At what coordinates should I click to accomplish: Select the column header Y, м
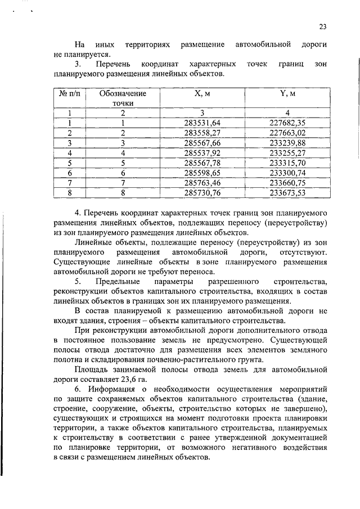pyautogui.click(x=287, y=93)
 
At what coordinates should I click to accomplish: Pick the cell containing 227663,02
pyautogui.click(x=287, y=133)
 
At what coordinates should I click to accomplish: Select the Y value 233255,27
pyautogui.click(x=287, y=153)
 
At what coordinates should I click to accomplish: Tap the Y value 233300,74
pyautogui.click(x=287, y=173)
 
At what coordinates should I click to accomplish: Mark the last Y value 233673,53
pyautogui.click(x=287, y=193)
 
